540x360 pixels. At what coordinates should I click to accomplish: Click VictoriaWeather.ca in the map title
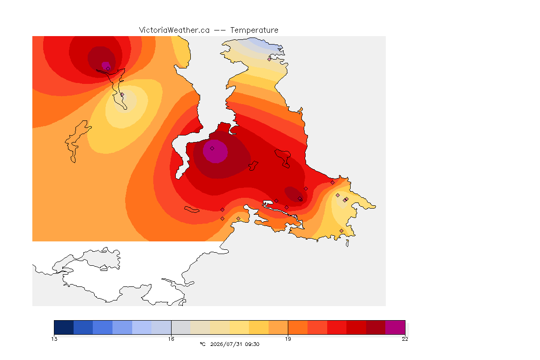pyautogui.click(x=174, y=30)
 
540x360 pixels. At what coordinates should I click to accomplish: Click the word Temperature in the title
pyautogui.click(x=254, y=30)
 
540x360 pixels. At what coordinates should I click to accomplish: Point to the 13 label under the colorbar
pyautogui.click(x=54, y=339)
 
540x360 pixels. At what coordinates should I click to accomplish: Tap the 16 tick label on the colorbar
pyautogui.click(x=171, y=339)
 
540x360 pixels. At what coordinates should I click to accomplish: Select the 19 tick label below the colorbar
pyautogui.click(x=288, y=339)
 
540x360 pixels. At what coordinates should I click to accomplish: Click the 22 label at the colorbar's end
pyautogui.click(x=405, y=339)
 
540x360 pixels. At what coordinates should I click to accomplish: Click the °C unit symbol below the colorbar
pyautogui.click(x=202, y=344)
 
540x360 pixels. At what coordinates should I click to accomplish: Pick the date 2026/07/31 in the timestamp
pyautogui.click(x=226, y=344)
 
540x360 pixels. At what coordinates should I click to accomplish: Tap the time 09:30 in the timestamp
pyautogui.click(x=252, y=344)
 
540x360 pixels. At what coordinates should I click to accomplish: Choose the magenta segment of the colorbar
pyautogui.click(x=395, y=327)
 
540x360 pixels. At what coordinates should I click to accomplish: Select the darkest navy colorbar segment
pyautogui.click(x=64, y=327)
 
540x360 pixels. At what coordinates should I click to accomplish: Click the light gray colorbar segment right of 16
pyautogui.click(x=181, y=327)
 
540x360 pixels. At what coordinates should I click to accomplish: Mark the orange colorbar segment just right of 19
pyautogui.click(x=298, y=327)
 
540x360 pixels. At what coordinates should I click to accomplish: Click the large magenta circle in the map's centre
pyautogui.click(x=215, y=151)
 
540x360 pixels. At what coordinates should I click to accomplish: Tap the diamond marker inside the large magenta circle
pyautogui.click(x=212, y=149)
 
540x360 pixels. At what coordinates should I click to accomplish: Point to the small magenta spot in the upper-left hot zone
pyautogui.click(x=106, y=66)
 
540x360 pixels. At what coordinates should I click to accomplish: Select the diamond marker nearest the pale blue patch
pyautogui.click(x=270, y=59)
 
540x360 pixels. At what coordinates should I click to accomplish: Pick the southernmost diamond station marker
pyautogui.click(x=341, y=231)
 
